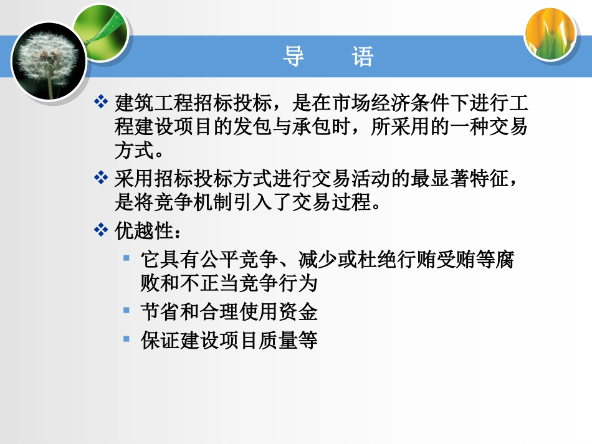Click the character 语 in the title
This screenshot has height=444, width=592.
(362, 57)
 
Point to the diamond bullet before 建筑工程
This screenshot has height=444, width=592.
(101, 101)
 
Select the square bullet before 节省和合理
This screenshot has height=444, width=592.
(127, 309)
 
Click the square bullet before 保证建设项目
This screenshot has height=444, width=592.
(127, 339)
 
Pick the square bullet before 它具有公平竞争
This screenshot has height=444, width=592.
(127, 257)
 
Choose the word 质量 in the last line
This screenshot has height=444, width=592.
(276, 340)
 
